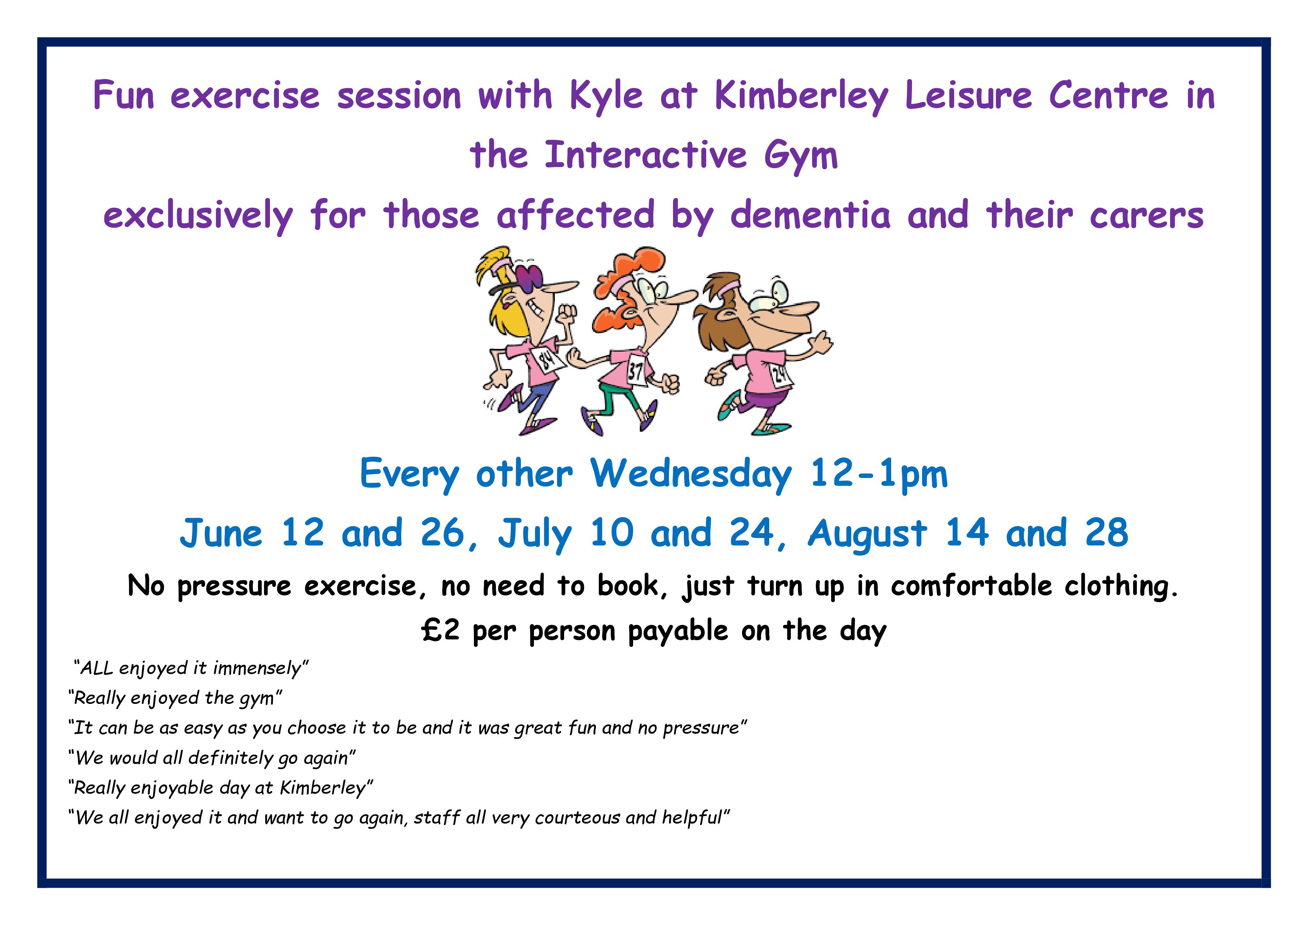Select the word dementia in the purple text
pos(810,215)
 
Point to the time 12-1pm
pos(879,475)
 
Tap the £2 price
pos(440,630)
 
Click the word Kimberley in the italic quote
pos(323,788)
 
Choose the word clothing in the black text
pos(1121,586)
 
